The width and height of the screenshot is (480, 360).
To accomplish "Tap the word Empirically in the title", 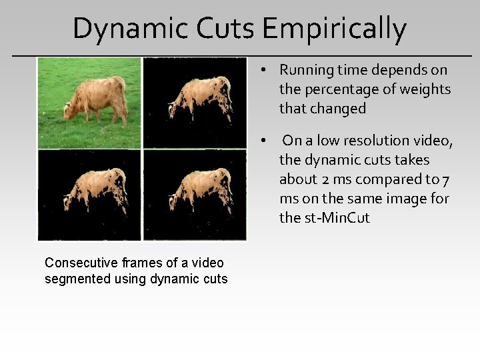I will click(334, 29).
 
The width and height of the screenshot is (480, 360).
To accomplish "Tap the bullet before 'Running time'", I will click(265, 70).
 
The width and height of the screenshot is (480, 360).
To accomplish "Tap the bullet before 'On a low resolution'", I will click(265, 141).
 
